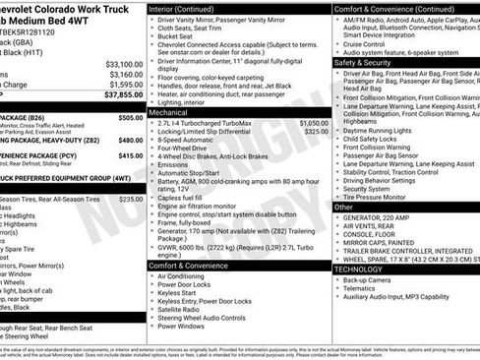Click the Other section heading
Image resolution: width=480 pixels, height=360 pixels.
(343, 208)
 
